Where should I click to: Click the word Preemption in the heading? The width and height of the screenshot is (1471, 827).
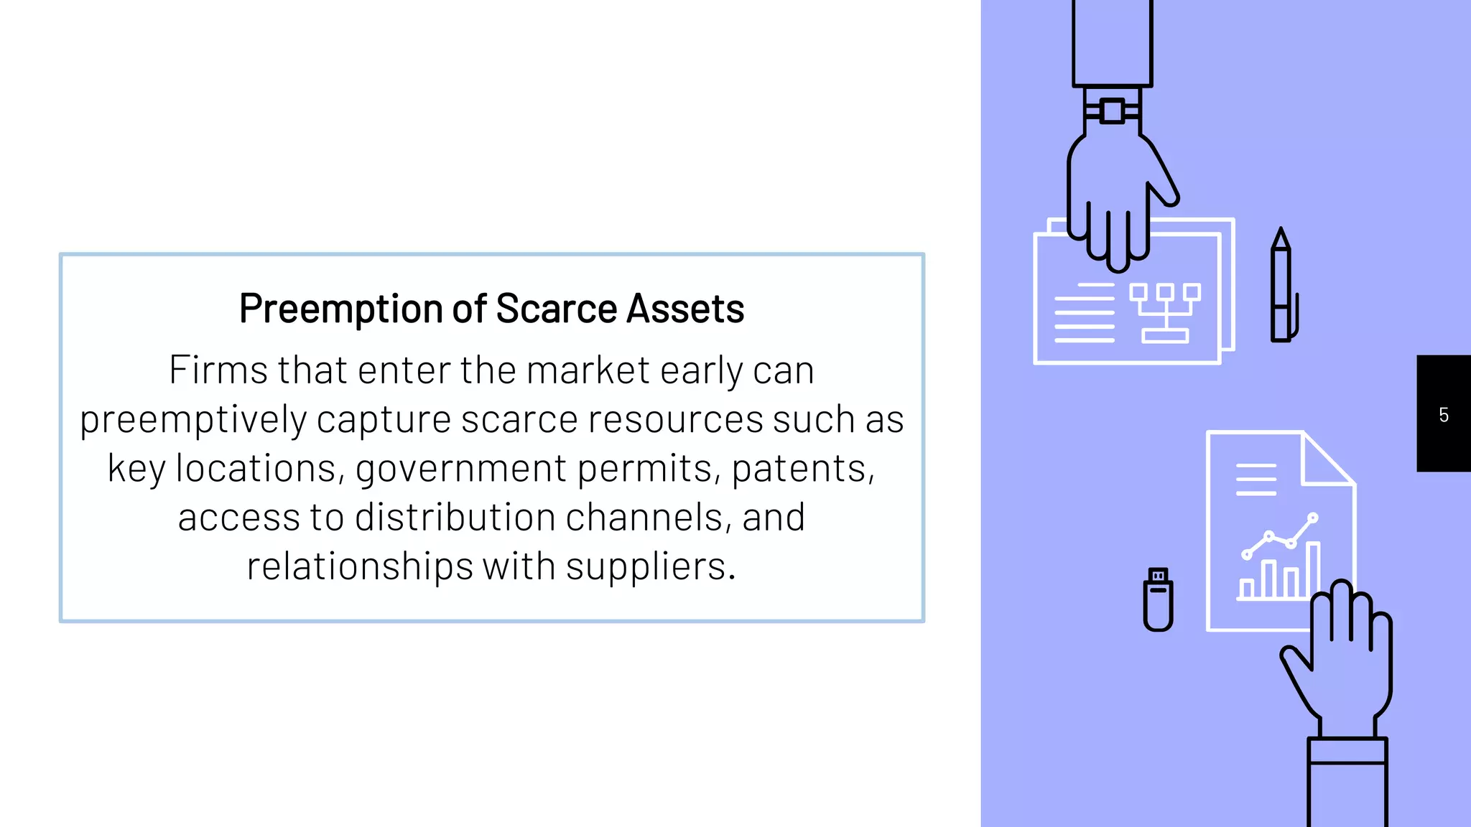[x=341, y=309]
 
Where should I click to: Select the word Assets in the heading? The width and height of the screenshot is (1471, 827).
[x=685, y=309]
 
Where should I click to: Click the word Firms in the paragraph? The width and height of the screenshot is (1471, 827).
[x=218, y=370]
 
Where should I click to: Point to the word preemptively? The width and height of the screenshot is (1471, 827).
[x=192, y=421]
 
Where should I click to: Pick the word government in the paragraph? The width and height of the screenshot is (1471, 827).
[x=460, y=469]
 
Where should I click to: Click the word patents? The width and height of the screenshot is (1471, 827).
[x=803, y=469]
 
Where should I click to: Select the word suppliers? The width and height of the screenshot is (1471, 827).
[x=650, y=566]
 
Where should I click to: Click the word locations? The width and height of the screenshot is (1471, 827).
[x=256, y=469]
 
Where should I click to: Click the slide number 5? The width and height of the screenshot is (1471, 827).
[x=1444, y=415]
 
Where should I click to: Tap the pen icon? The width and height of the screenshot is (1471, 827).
[x=1282, y=287]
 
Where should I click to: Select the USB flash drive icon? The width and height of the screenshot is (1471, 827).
[x=1158, y=599]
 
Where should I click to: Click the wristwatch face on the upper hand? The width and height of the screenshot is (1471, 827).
[x=1112, y=111]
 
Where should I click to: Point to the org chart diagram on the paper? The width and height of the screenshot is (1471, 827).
[x=1164, y=312]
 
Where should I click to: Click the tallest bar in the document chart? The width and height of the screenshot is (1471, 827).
[x=1313, y=570]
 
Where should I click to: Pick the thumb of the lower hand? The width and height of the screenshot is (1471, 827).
[x=1296, y=664]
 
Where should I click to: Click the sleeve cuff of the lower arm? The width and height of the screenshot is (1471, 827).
[x=1347, y=751]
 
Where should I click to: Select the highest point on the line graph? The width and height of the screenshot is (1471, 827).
[x=1313, y=518]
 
